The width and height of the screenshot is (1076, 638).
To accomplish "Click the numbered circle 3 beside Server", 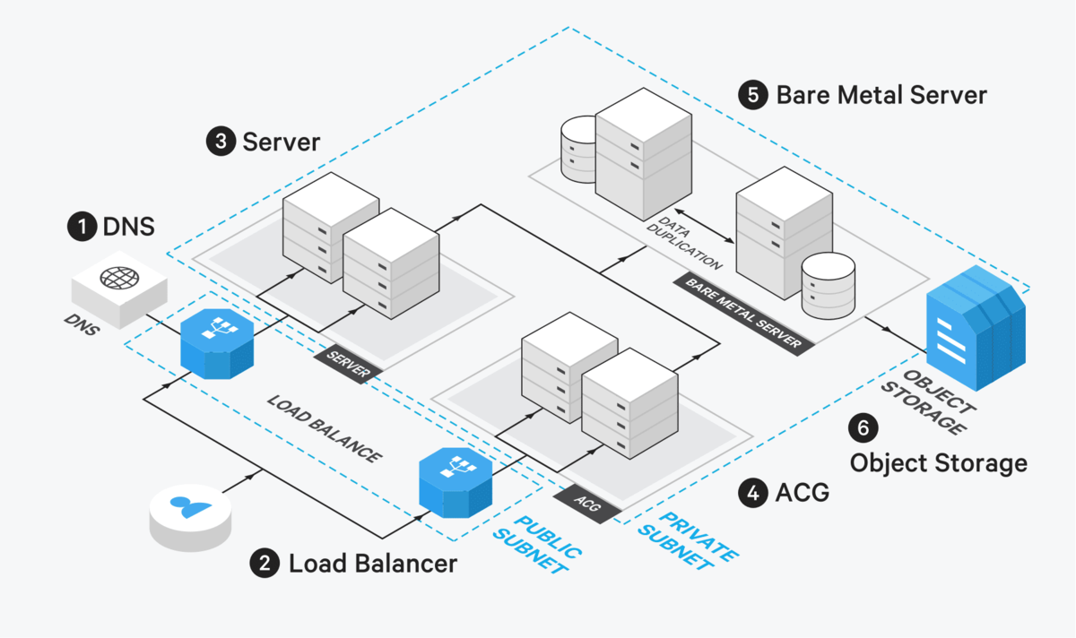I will pyautogui.click(x=221, y=142).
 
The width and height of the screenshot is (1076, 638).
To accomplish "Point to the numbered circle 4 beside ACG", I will pyautogui.click(x=752, y=491).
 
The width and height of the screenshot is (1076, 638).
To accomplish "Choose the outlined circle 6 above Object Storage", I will pyautogui.click(x=863, y=428).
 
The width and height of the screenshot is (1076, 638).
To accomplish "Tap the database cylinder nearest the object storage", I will pyautogui.click(x=827, y=285).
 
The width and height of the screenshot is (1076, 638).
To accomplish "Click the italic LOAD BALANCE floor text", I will pyautogui.click(x=324, y=427).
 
